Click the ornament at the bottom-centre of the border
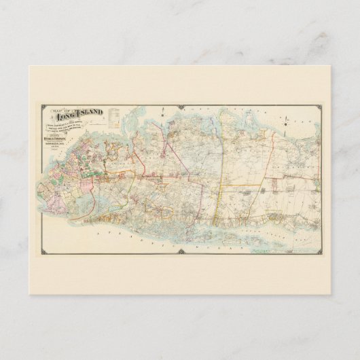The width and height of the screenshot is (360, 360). click(181, 255)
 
